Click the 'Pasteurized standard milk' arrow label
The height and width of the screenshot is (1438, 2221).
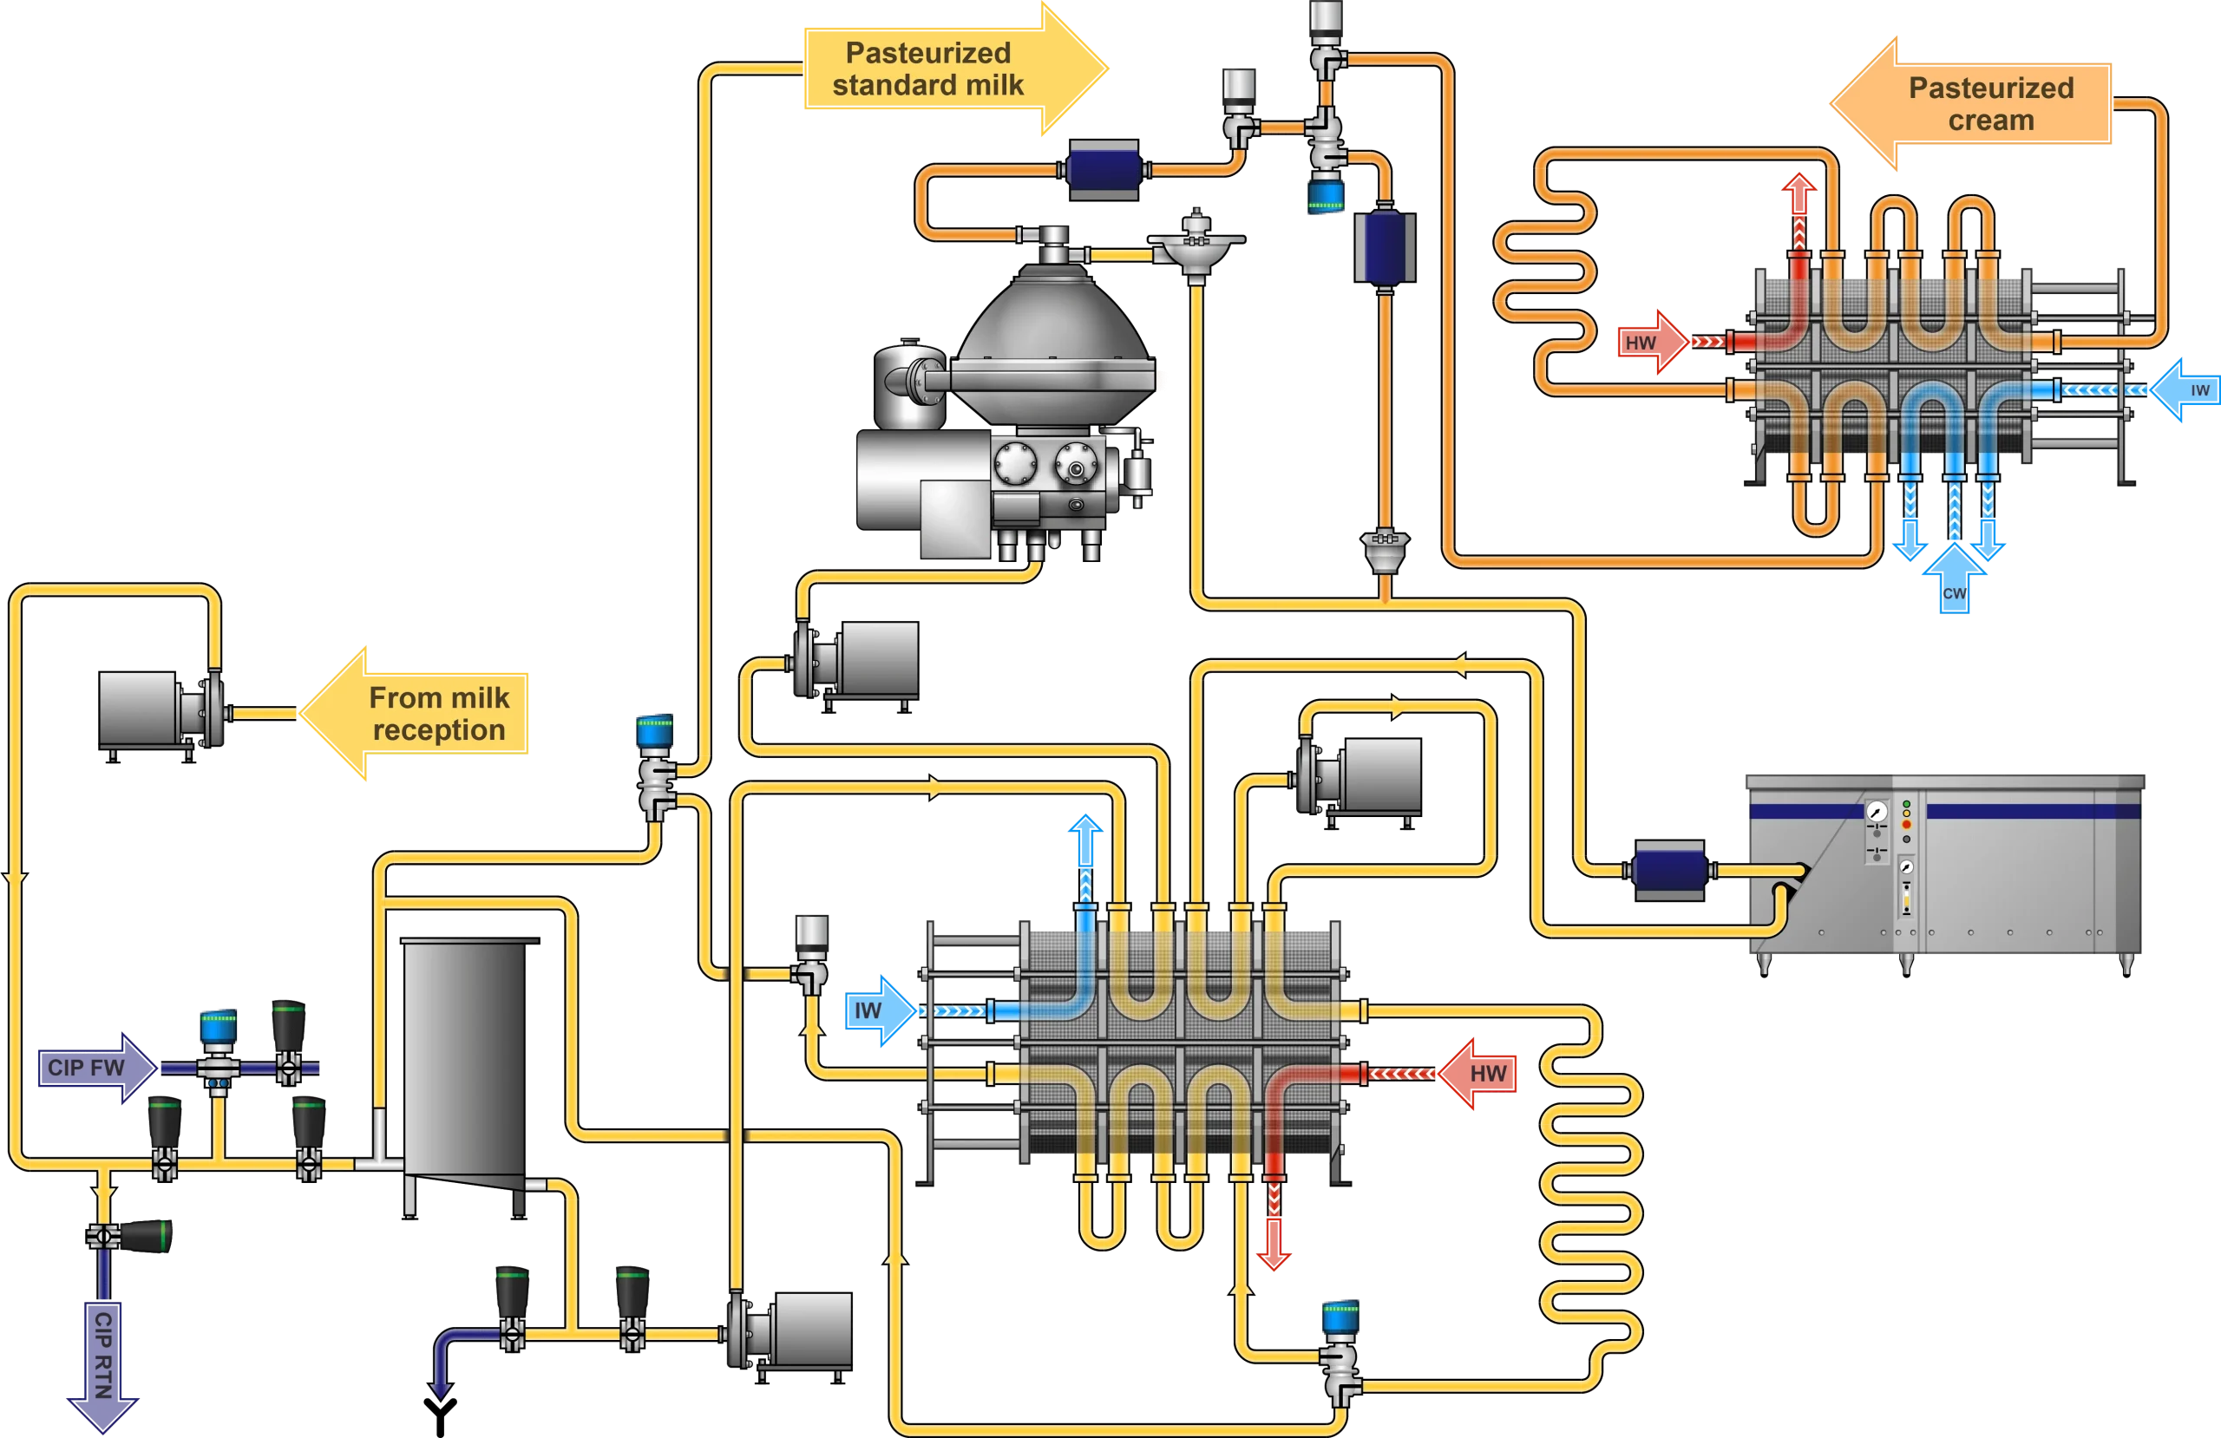tap(927, 69)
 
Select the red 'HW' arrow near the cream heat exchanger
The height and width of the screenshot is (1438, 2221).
tap(1647, 343)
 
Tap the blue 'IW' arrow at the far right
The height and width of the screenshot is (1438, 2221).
tap(2189, 390)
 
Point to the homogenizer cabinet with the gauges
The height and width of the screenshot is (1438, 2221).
tap(1946, 868)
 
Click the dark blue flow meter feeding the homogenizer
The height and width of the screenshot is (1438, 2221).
tap(1669, 871)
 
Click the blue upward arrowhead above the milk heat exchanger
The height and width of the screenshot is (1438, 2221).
tap(1085, 828)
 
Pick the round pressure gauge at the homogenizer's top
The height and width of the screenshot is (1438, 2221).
tap(1877, 813)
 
